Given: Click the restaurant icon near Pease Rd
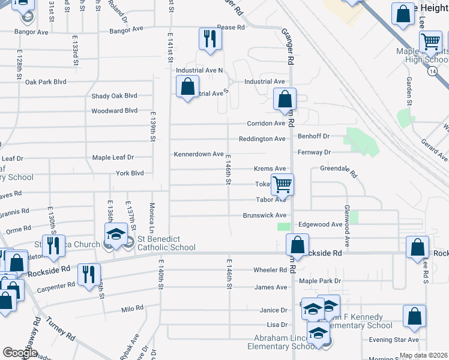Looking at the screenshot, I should tap(210, 39).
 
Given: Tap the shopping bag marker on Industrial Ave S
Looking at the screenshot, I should tap(188, 86).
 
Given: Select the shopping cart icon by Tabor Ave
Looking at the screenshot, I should tap(282, 185).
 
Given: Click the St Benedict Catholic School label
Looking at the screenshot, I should tap(166, 243).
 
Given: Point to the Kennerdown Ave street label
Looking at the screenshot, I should tap(199, 154).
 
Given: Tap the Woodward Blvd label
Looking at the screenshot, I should tap(114, 111).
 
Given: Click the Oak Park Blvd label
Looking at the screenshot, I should tap(46, 82).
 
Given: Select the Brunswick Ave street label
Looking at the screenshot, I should tap(264, 215).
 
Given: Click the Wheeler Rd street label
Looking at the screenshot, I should tap(270, 270).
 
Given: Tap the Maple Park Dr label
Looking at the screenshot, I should tap(320, 281).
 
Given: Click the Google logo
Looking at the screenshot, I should tap(20, 353).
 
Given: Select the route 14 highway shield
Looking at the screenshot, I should tap(432, 71).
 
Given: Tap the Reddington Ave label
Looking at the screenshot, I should tap(262, 139).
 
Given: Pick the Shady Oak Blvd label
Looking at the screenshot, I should tap(114, 96).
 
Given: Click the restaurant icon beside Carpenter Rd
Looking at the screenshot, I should tap(89, 274).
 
